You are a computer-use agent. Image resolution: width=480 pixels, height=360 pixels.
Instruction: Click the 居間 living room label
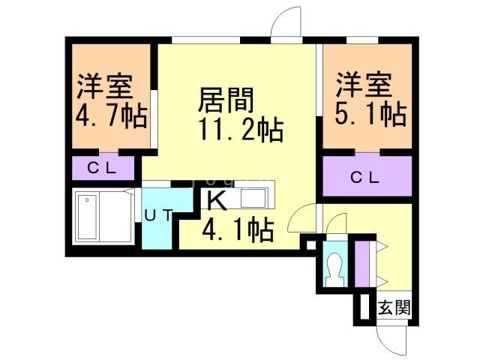(x=226, y=100)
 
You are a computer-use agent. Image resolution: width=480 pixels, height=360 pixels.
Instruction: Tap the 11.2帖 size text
(x=241, y=130)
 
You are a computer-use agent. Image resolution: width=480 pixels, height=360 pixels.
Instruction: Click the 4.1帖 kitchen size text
(x=238, y=229)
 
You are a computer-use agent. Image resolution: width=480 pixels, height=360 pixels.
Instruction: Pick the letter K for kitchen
(x=217, y=200)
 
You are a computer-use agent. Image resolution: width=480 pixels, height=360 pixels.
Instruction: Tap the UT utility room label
(x=159, y=216)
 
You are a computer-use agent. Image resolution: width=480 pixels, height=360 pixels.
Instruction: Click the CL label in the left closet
(x=102, y=168)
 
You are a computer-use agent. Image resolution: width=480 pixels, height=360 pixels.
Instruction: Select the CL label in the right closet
(x=365, y=177)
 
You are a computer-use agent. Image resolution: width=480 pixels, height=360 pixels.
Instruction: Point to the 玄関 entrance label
(x=394, y=307)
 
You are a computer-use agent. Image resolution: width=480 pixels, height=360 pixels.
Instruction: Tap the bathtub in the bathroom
(x=87, y=217)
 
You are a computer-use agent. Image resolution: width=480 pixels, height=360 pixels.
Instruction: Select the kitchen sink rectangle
(x=253, y=198)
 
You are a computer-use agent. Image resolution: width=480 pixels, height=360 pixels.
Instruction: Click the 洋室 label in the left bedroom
(x=105, y=85)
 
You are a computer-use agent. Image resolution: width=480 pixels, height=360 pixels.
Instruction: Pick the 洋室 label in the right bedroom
(x=364, y=84)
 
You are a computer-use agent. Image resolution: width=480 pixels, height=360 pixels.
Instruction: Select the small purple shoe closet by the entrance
(x=361, y=264)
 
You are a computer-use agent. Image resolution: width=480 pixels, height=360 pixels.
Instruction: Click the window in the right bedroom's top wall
(x=362, y=40)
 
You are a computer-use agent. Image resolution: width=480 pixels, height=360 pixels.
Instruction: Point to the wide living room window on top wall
(x=205, y=40)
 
